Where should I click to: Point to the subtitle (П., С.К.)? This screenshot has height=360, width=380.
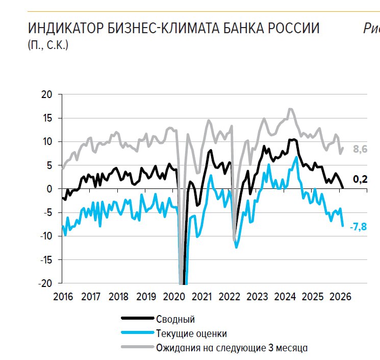coord(48,45)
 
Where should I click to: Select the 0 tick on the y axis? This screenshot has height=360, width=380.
coord(50,189)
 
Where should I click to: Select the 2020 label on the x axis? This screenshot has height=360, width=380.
coord(174,297)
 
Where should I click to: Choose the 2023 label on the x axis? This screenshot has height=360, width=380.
coord(258,297)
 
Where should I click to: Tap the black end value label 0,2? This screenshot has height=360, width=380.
coord(360,179)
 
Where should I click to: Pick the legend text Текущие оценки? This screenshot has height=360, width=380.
coord(191,333)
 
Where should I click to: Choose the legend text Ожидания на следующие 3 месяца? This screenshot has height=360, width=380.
coord(231,348)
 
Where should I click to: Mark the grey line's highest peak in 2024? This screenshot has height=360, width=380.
coord(290,109)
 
